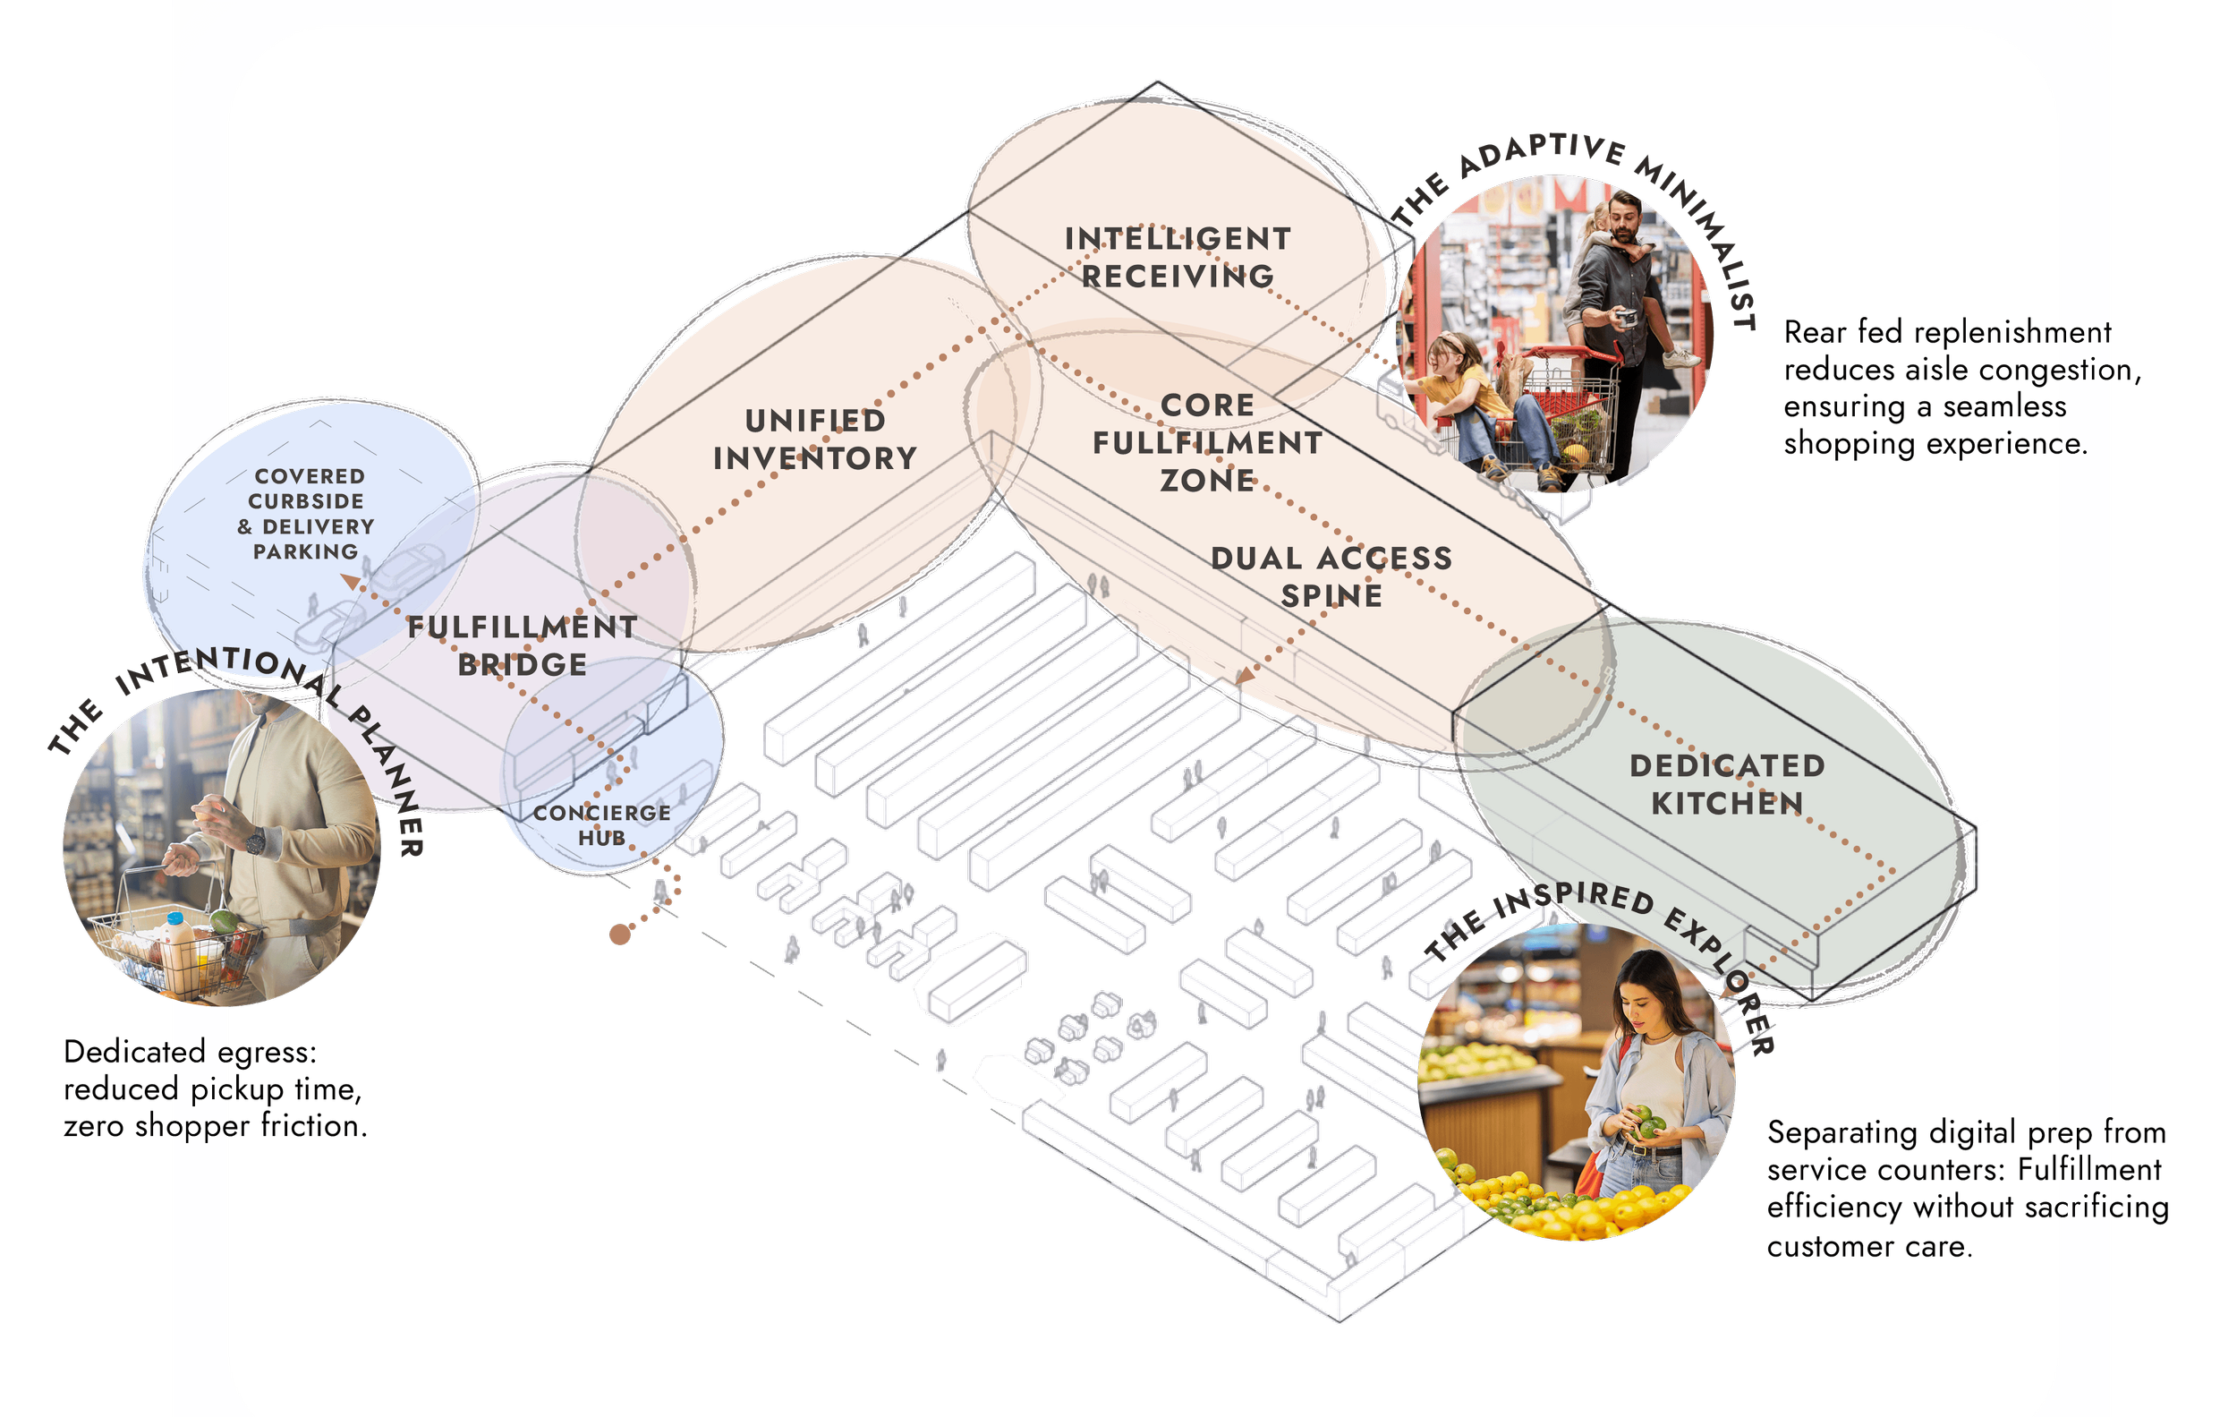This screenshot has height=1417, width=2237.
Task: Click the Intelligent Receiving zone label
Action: coord(1178,258)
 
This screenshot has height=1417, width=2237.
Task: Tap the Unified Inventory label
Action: coord(815,439)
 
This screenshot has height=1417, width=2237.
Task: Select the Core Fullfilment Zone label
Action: coord(1207,442)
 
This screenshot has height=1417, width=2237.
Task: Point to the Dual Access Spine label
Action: coord(1331,576)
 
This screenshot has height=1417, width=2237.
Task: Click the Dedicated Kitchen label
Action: coord(1727,783)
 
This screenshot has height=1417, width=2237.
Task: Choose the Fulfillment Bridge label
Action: coord(522,644)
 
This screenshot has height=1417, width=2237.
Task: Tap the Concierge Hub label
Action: coord(601,824)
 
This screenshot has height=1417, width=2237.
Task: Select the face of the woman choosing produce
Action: coord(1643,1002)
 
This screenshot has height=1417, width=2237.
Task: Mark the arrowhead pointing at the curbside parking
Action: coord(349,582)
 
